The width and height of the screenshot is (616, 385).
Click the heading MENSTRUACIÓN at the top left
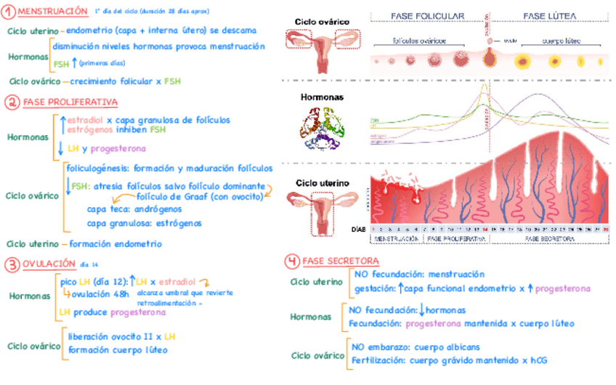coord(49,12)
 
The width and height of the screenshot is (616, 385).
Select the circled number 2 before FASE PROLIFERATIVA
coord(12,102)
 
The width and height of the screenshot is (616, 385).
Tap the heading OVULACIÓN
coord(49,264)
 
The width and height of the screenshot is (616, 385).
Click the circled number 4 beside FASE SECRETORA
coord(291,261)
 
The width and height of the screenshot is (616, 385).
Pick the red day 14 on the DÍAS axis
coord(485,228)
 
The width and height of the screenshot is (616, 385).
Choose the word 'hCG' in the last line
coord(538,360)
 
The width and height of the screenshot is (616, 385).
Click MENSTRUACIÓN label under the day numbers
coord(396,238)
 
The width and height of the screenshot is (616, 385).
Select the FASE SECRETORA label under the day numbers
coord(548,238)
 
